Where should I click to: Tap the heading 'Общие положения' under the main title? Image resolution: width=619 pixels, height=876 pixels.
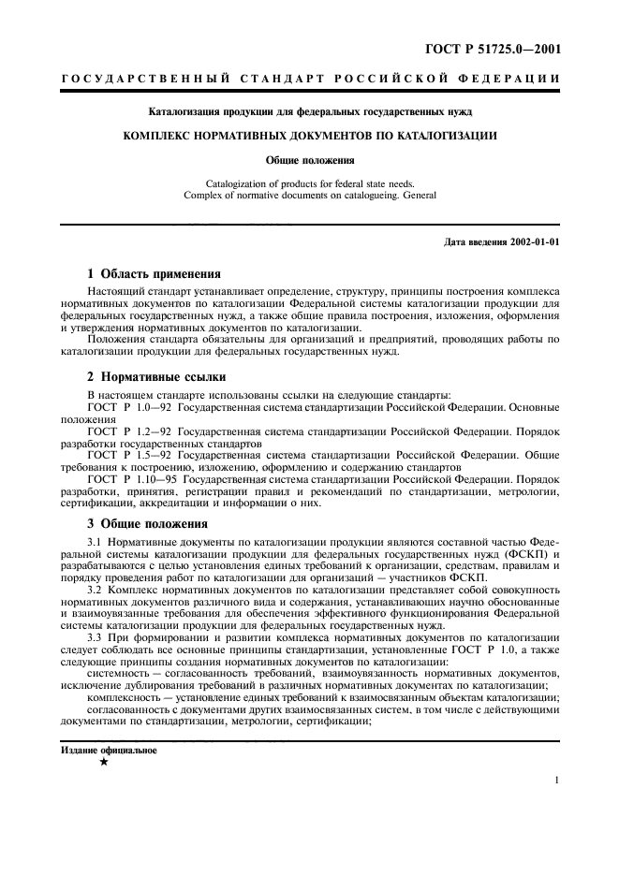tap(310, 160)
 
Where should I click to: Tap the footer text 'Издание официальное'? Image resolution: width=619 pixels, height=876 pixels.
tap(109, 750)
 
